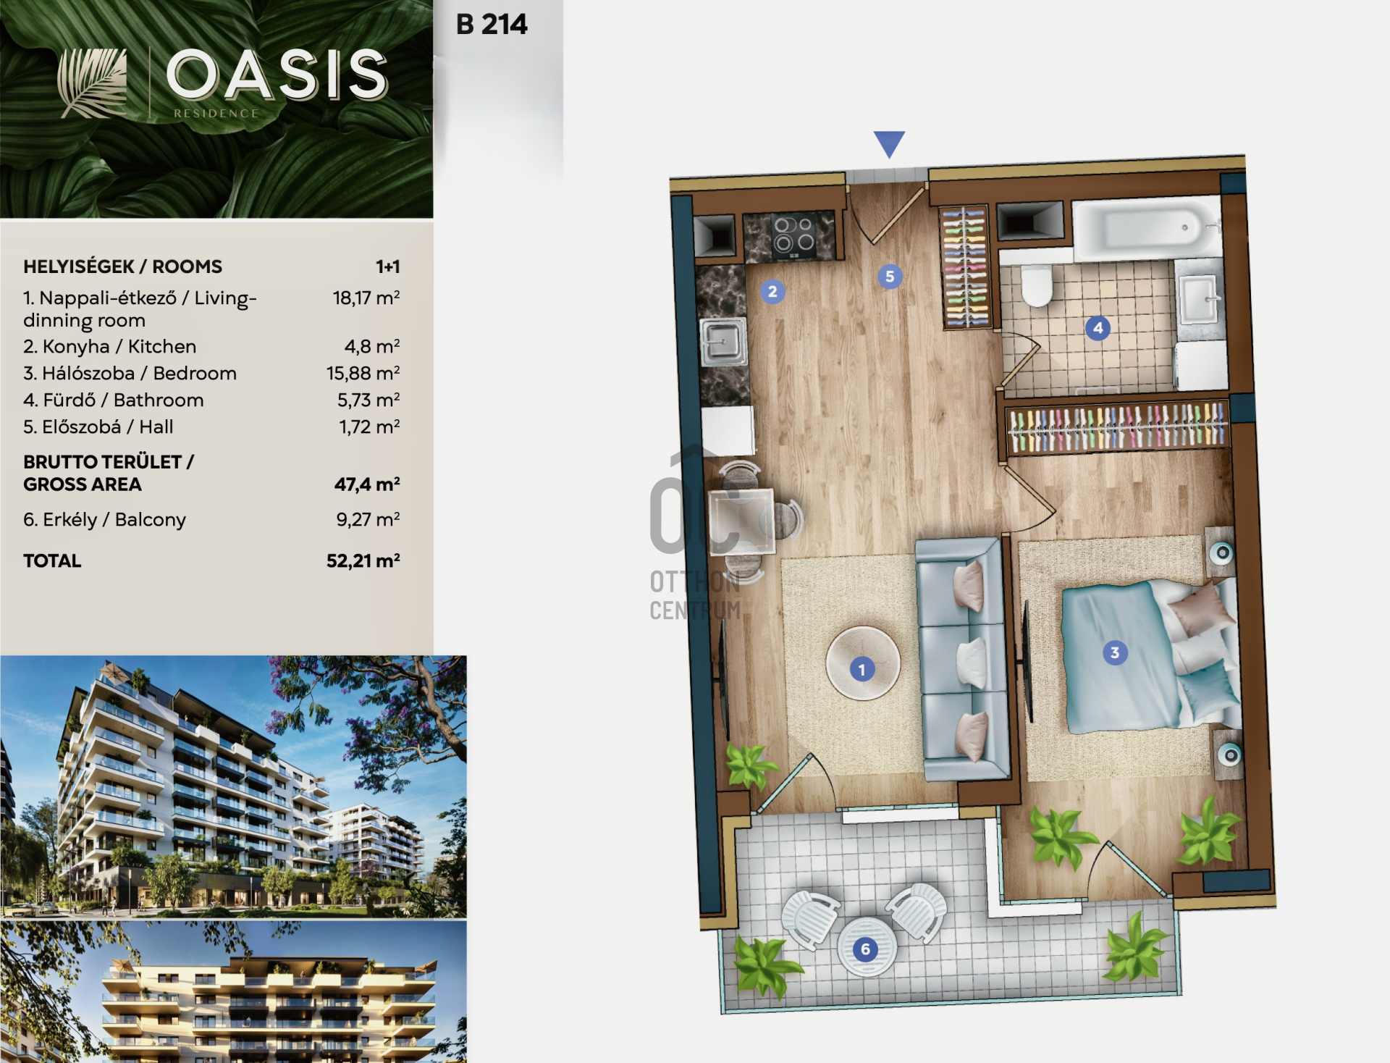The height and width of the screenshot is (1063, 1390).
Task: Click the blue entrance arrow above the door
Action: click(889, 143)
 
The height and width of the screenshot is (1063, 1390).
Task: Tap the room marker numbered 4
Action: click(1098, 328)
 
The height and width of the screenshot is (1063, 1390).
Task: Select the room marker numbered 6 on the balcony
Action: click(865, 949)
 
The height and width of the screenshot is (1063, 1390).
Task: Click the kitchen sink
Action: click(723, 340)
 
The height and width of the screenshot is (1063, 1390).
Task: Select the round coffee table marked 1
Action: click(862, 663)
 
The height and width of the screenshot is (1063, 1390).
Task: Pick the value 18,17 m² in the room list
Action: click(366, 298)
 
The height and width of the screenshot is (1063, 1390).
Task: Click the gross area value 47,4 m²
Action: click(367, 484)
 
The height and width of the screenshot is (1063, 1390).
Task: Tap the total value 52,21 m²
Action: click(363, 560)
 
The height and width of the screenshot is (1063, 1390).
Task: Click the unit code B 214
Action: click(492, 25)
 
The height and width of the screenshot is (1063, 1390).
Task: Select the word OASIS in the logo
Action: click(278, 75)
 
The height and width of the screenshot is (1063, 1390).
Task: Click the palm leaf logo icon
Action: click(92, 83)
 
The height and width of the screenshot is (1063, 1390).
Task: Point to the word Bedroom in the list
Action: click(195, 373)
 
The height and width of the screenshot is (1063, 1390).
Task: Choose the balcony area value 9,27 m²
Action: click(368, 519)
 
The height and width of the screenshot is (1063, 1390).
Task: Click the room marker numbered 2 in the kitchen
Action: click(772, 292)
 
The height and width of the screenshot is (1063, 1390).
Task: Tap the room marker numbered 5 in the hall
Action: click(890, 277)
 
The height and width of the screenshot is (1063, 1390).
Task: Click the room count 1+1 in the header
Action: click(388, 266)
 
